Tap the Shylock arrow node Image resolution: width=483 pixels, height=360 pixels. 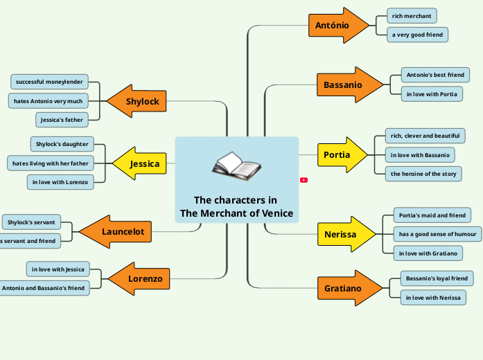click(139, 102)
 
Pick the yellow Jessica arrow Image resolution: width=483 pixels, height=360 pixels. click(141, 164)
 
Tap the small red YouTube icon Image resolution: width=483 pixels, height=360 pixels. click(304, 180)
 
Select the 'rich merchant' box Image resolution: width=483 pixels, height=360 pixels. click(412, 16)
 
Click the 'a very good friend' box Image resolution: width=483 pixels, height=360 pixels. click(417, 35)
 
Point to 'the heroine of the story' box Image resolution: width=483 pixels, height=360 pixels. click(423, 174)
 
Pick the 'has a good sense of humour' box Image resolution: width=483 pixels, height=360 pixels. click(437, 234)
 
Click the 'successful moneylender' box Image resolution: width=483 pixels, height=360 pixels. click(49, 82)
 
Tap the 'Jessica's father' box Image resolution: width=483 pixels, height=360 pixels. click(62, 120)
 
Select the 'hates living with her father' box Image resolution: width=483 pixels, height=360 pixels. click(50, 163)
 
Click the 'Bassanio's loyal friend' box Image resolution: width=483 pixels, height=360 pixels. click(437, 278)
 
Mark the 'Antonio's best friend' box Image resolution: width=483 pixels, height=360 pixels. click(435, 75)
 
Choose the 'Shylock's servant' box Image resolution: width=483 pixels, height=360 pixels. click(31, 222)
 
